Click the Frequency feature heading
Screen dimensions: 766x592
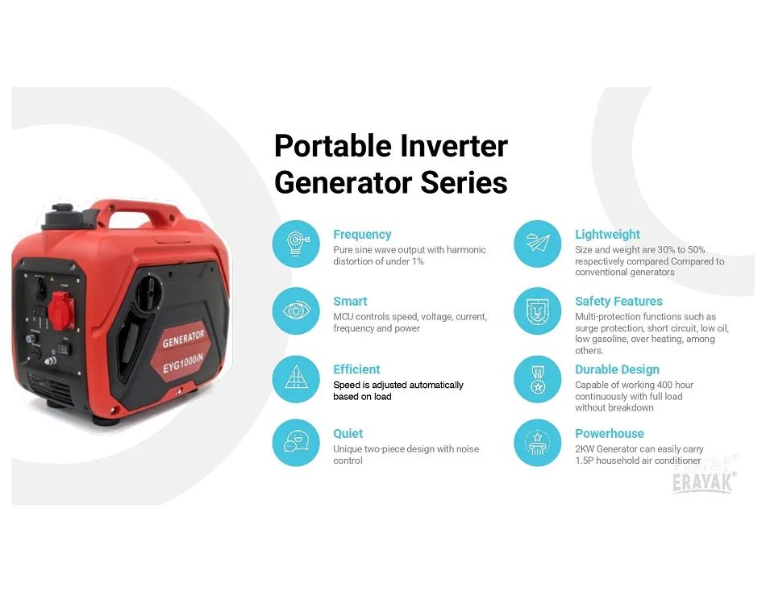362,235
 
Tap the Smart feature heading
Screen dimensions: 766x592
350,301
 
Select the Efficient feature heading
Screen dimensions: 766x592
356,369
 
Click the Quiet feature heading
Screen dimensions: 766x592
348,434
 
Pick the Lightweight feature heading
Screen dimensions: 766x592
607,234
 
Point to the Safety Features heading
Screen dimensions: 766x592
618,301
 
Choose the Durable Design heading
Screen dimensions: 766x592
617,369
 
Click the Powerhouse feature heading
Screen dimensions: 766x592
610,434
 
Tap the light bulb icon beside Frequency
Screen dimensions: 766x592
296,244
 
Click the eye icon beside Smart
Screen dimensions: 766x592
296,311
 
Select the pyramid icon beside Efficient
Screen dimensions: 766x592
296,378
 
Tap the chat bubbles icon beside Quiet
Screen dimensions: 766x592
296,442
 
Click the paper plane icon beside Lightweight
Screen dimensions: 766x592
538,243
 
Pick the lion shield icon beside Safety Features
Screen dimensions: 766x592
538,311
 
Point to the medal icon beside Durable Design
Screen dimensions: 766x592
538,379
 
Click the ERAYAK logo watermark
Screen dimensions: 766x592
702,482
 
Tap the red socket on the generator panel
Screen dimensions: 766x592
63,310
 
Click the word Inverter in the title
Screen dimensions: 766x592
454,146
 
